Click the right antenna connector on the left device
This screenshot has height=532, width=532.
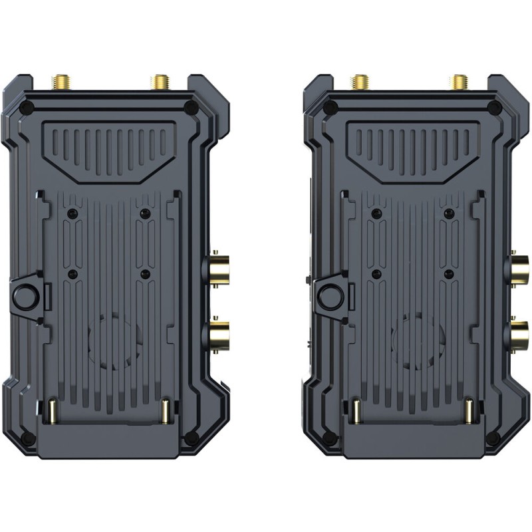[160, 82]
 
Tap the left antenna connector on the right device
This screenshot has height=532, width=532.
[360, 82]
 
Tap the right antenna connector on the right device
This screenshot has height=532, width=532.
[458, 82]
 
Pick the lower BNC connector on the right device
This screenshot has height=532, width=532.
[519, 331]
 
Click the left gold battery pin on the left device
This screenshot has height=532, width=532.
[51, 412]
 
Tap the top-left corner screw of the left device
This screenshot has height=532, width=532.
[27, 108]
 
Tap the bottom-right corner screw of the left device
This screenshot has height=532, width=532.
[192, 438]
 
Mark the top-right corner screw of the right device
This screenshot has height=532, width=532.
[494, 108]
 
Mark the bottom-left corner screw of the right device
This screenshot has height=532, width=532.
[329, 438]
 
